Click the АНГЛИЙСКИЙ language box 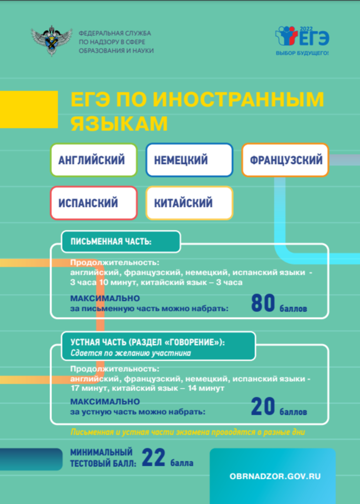click(94, 160)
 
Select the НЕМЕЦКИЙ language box click(189, 160)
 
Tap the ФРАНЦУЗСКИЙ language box click(285, 160)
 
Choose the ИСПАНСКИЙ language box click(94, 203)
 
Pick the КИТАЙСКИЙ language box click(189, 203)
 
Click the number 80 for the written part click(263, 303)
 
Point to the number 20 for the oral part click(263, 407)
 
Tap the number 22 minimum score click(154, 458)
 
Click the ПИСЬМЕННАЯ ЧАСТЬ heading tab click(121, 241)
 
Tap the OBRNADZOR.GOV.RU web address click(275, 476)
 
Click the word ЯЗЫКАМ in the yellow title click(119, 124)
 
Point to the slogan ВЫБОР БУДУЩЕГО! click(302, 53)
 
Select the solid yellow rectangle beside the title click(29, 109)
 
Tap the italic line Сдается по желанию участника click(131, 353)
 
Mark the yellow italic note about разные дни click(188, 432)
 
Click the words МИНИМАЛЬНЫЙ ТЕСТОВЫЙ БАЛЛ click(103, 458)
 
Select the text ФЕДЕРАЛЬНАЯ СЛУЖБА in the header click(115, 33)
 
